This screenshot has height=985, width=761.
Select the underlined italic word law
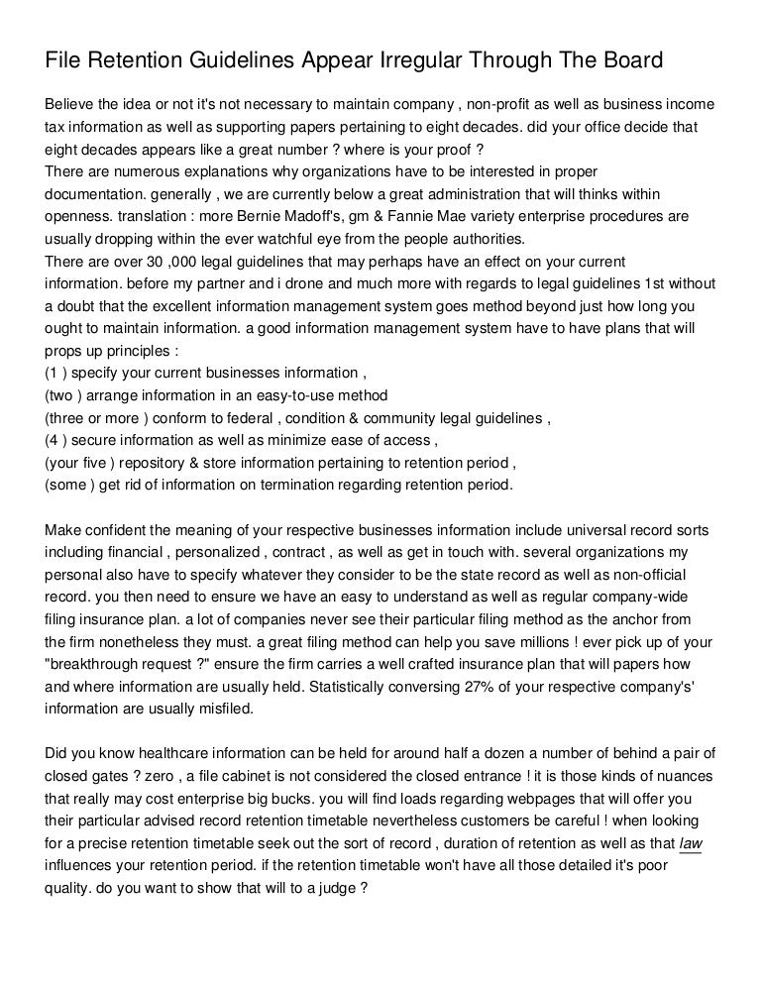[x=690, y=843]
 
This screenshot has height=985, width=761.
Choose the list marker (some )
[x=75, y=486]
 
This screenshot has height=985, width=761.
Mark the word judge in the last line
[x=335, y=889]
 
